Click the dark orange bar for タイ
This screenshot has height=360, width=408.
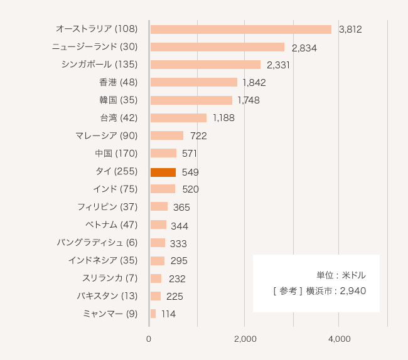pyautogui.click(x=163, y=172)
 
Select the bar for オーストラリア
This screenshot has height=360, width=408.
pyautogui.click(x=240, y=29)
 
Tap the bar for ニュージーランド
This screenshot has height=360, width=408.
pyautogui.click(x=217, y=47)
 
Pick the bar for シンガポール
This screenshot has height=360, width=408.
pyautogui.click(x=205, y=65)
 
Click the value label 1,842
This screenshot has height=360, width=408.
pyautogui.click(x=255, y=83)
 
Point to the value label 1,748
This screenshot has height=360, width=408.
pyautogui.click(x=249, y=100)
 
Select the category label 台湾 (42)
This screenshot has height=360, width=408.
pyautogui.click(x=119, y=118)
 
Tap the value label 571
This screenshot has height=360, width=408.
pyautogui.click(x=190, y=154)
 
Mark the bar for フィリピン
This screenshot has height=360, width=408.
pyautogui.click(x=159, y=207)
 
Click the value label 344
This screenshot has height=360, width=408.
pyautogui.click(x=180, y=226)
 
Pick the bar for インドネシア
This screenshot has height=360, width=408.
pyautogui.click(x=158, y=260)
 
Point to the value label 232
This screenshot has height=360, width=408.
pyautogui.click(x=177, y=279)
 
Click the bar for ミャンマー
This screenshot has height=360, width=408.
pyautogui.click(x=153, y=314)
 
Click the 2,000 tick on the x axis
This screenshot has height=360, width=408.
pyautogui.click(x=245, y=339)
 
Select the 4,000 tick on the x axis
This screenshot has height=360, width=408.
pyautogui.click(x=339, y=339)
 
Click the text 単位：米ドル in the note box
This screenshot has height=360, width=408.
pyautogui.click(x=341, y=275)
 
